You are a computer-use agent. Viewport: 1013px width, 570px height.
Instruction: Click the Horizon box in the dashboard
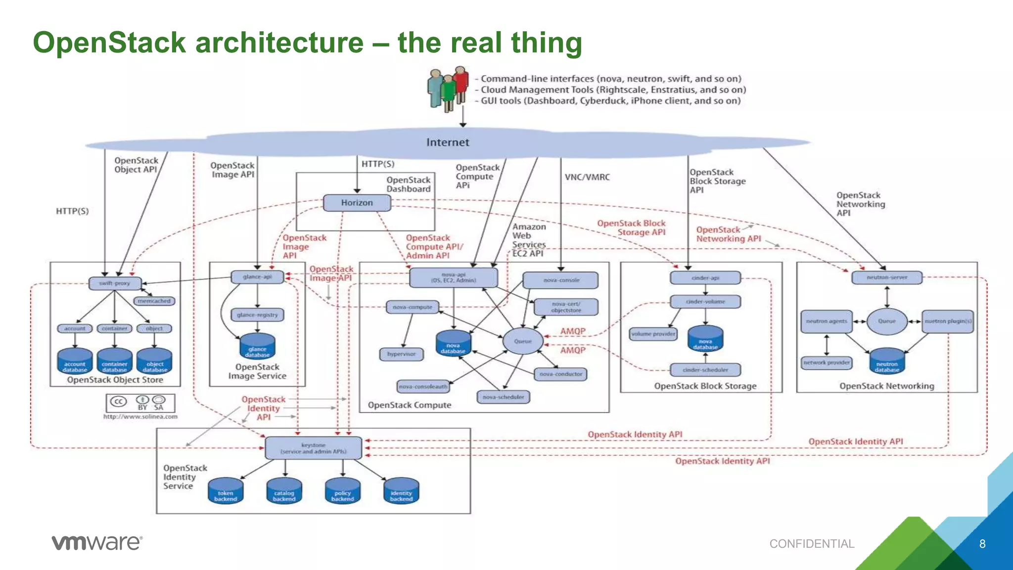357,203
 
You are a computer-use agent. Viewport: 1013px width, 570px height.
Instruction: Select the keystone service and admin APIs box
314,448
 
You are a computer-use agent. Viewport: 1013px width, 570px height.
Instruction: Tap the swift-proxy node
115,284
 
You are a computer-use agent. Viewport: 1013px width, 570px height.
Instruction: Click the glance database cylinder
257,346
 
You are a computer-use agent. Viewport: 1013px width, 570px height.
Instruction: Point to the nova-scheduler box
503,397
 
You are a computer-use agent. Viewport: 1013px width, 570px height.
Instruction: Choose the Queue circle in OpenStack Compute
523,341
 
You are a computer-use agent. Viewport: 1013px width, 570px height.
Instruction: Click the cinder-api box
705,278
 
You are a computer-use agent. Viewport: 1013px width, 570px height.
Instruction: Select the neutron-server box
887,278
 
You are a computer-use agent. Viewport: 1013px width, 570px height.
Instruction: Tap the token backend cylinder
226,491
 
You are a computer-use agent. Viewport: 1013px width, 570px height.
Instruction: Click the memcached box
154,301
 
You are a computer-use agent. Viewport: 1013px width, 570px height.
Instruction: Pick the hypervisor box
402,354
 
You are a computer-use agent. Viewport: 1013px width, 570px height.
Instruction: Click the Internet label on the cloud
448,142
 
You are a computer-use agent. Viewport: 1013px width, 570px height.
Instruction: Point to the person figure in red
461,84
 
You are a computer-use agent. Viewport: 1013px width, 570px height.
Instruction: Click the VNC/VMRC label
587,177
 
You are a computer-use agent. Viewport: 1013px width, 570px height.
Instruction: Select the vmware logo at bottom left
97,543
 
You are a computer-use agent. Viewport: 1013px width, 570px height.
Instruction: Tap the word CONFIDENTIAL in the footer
812,544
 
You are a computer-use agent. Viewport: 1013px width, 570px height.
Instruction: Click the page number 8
982,544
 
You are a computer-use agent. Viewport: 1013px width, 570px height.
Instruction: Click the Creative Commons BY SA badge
140,403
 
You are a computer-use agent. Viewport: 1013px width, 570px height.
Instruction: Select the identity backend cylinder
401,491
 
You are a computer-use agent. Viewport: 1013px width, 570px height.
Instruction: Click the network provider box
827,363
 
